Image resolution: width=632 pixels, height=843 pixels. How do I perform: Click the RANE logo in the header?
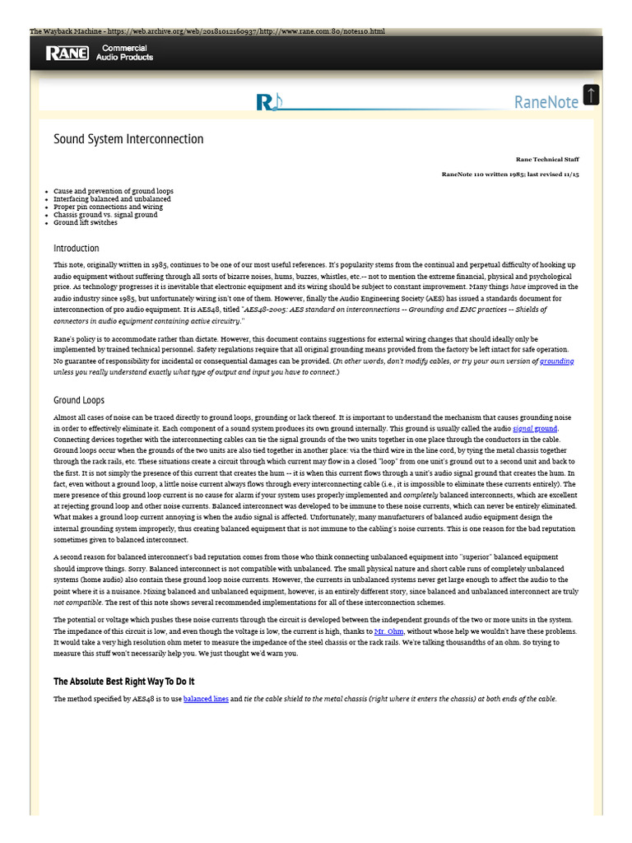[x=67, y=54]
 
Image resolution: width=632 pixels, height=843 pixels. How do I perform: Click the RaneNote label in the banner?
[x=546, y=102]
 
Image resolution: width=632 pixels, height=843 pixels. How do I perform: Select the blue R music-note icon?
[x=267, y=102]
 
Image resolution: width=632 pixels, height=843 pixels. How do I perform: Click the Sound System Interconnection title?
[x=128, y=138]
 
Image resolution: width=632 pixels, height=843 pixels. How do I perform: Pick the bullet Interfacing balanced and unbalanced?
[x=112, y=199]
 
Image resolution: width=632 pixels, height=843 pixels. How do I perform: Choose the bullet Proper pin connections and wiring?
[x=108, y=207]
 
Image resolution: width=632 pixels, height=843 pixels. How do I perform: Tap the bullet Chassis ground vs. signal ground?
[x=105, y=215]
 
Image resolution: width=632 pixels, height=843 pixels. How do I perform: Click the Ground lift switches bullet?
[x=86, y=222]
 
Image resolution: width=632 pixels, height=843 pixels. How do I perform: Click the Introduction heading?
[x=77, y=248]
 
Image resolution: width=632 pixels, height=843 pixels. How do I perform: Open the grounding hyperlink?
[x=557, y=361]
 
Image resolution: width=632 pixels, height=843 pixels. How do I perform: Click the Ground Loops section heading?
[x=79, y=400]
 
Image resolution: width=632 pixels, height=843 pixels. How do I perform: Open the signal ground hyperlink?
[x=535, y=429]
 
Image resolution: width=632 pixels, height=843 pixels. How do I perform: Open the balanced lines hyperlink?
[x=206, y=699]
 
